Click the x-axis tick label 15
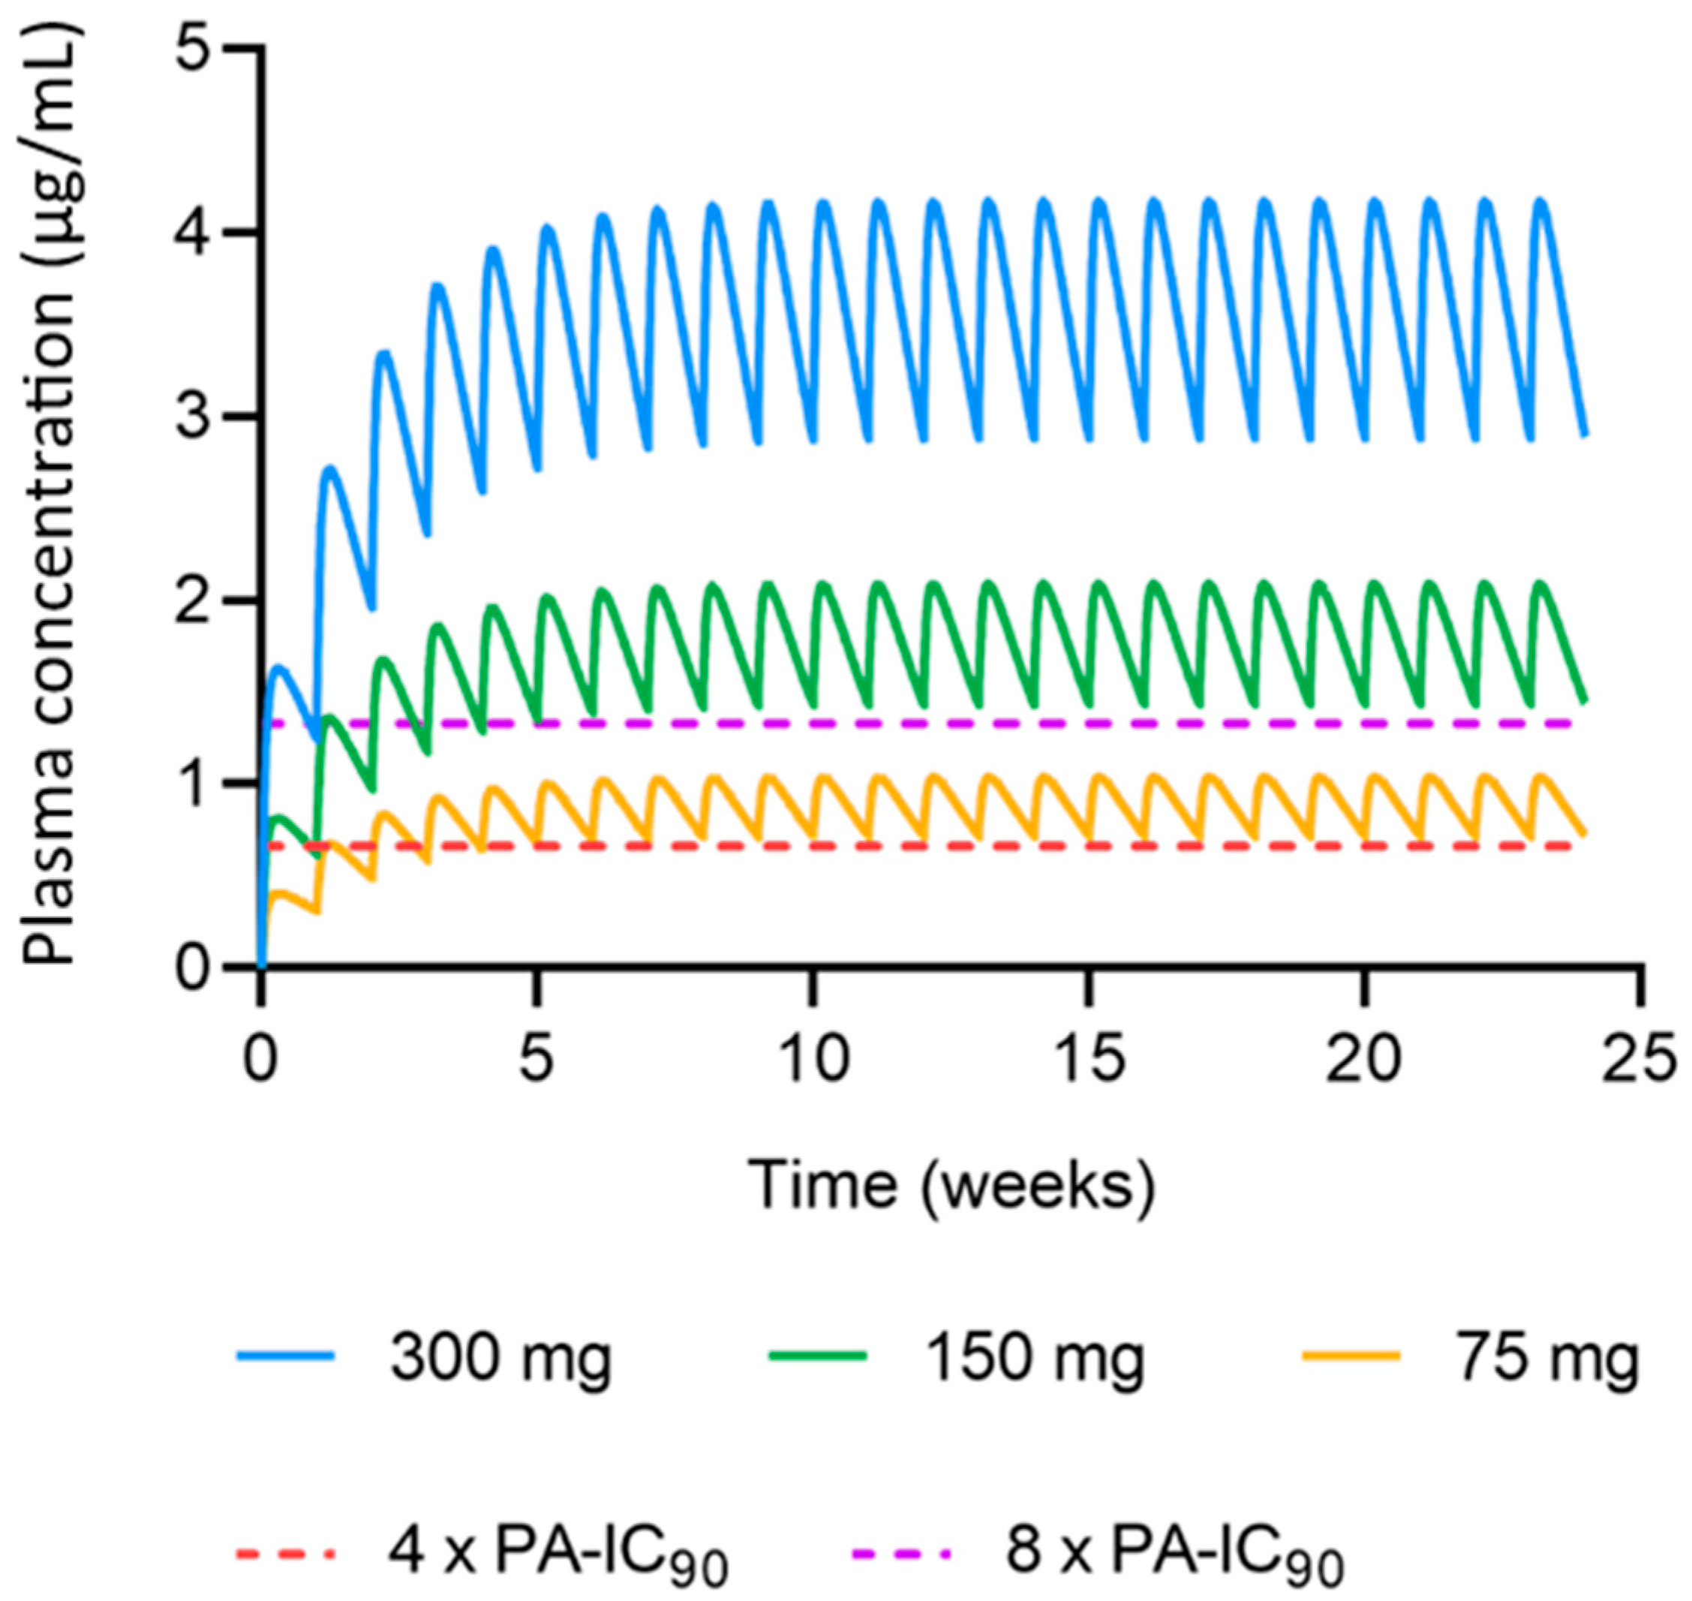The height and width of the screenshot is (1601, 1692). click(1089, 1059)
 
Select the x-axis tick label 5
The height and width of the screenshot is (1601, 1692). click(536, 1059)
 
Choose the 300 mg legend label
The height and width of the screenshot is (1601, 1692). click(501, 1358)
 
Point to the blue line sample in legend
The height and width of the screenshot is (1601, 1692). click(286, 1354)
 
